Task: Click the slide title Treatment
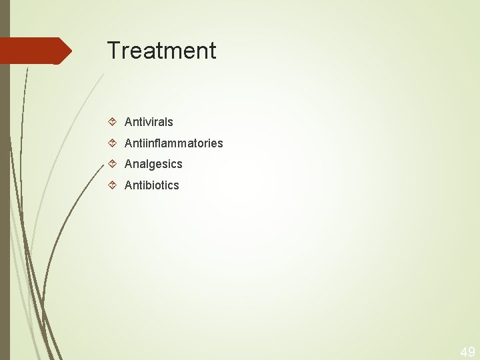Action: coord(161,51)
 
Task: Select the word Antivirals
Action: coord(149,122)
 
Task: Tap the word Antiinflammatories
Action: coord(174,143)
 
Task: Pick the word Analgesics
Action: coord(153,164)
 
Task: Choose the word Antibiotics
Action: coord(152,185)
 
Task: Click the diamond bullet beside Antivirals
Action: coord(113,121)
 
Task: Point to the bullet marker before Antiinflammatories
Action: coord(113,143)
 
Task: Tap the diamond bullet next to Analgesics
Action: coord(113,163)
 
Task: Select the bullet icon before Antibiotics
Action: coord(113,185)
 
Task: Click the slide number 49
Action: coord(467,352)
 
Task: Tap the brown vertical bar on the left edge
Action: coord(5,200)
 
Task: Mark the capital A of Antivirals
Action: coord(129,122)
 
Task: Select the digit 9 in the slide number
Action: coord(471,352)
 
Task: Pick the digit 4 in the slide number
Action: coord(463,352)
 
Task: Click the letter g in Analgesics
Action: coord(153,165)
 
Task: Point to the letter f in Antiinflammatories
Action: coord(155,143)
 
